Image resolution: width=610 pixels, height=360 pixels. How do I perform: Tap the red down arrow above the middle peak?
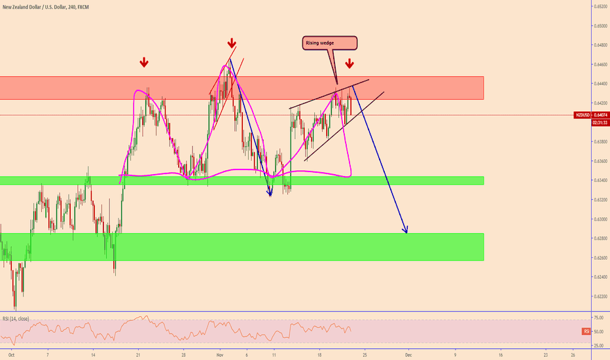232,43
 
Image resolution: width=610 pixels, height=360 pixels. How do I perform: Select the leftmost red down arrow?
144,63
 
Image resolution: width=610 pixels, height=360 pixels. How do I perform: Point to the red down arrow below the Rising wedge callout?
350,63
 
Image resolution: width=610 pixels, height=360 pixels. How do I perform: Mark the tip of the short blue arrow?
270,194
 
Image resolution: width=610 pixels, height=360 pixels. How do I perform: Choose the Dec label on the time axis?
407,355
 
